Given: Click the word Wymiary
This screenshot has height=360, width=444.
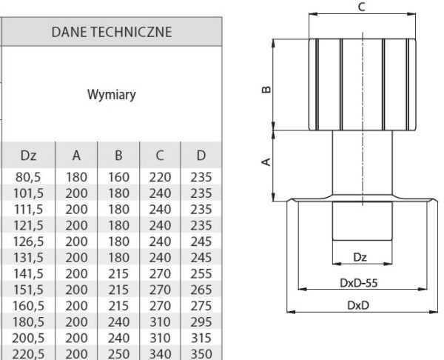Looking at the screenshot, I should pos(111,95).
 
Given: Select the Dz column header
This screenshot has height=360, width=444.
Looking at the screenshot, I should pos(28,156).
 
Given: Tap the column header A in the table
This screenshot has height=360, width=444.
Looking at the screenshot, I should pos(76,156).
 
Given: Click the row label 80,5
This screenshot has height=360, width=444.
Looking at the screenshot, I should pos(28,177).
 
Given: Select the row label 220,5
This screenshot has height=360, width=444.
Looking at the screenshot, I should pos(28,354).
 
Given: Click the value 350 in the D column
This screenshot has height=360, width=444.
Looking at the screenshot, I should pos(201,354).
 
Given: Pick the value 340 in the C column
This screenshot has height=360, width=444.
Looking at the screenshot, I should pos(160,354).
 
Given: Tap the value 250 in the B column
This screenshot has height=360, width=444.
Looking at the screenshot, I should pos(118,354).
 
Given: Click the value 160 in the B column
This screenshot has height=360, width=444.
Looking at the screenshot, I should pos(118,177).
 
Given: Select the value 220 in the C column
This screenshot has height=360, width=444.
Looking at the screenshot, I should pos(160,177).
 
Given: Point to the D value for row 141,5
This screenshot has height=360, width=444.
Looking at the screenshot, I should pos(201,273).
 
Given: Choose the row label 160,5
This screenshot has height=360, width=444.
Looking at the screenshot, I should pos(28,306).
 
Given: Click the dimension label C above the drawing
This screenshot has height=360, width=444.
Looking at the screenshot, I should pos(360,7).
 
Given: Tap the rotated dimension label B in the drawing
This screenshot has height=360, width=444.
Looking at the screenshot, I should pos(266,91).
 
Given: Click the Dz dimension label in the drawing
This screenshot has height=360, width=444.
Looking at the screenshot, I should pos(360,257).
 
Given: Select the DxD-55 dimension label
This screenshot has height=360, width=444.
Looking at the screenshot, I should pos(360,282).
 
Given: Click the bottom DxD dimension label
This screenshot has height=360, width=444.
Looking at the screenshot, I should pos(360,304).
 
